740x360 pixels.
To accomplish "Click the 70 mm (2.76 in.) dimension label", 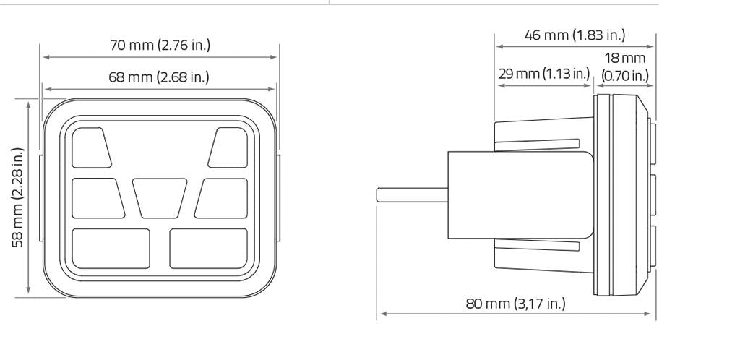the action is (x=160, y=46).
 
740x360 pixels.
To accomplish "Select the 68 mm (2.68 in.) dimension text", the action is (x=158, y=77).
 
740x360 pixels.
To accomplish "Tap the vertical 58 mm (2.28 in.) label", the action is (x=18, y=197).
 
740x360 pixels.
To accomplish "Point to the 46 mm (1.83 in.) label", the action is (x=575, y=35).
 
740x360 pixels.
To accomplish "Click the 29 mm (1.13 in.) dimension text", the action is (x=544, y=74).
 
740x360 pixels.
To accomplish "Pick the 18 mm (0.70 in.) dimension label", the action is (x=625, y=67).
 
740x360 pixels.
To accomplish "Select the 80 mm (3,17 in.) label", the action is (x=515, y=304).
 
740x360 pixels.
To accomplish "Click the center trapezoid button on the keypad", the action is (x=160, y=198).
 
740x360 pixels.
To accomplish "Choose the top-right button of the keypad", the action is (x=228, y=147).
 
